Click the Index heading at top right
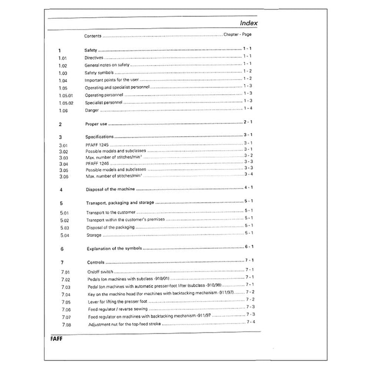pos(248,23)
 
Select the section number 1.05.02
pos(66,102)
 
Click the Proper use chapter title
pos(96,124)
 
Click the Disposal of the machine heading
pos(111,189)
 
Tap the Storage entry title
pos(94,235)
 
